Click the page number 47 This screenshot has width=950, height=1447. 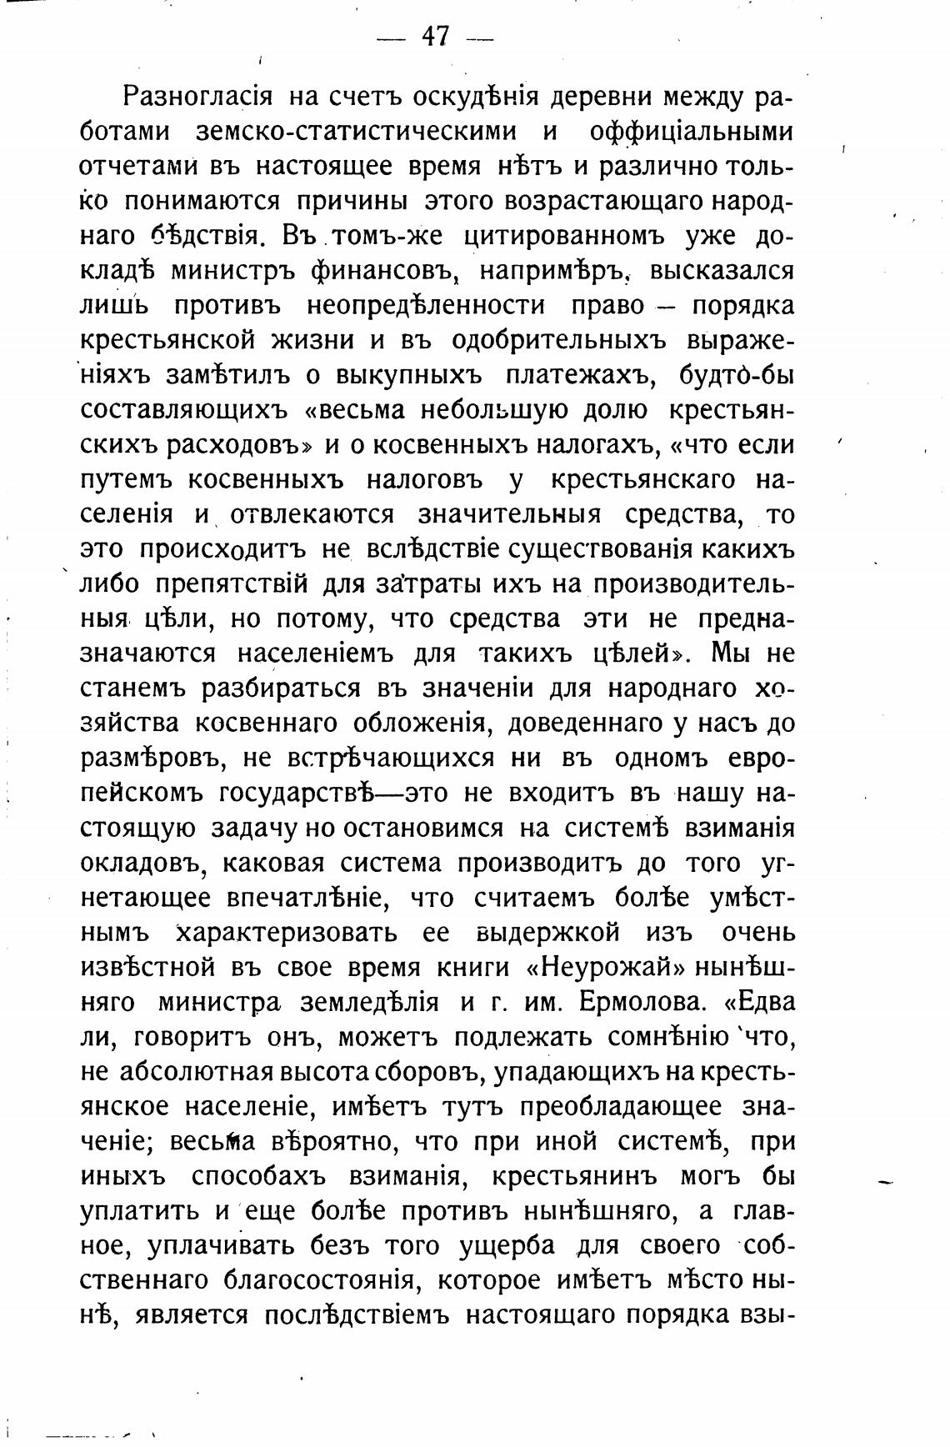pos(435,36)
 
